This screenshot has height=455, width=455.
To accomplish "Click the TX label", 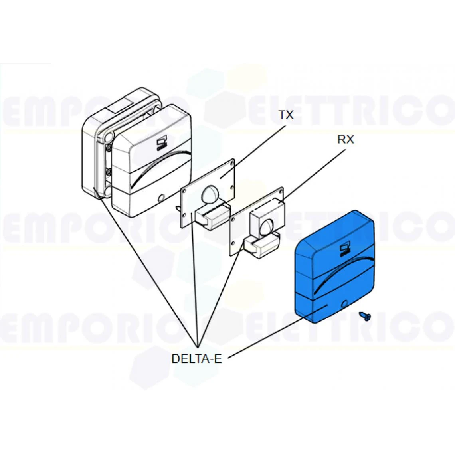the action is pyautogui.click(x=286, y=115).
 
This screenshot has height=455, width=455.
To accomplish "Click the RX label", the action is pyautogui.click(x=345, y=140).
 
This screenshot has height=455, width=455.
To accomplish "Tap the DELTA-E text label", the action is pyautogui.click(x=196, y=359).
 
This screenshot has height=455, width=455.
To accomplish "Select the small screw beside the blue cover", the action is pyautogui.click(x=364, y=316).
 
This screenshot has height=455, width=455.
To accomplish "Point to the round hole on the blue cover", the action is pyautogui.click(x=345, y=304).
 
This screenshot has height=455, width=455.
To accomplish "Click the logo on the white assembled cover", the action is pyautogui.click(x=161, y=144).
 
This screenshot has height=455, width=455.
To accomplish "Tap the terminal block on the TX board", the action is pyautogui.click(x=212, y=216).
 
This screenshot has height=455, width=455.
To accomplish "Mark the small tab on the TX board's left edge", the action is pyautogui.click(x=178, y=208).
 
